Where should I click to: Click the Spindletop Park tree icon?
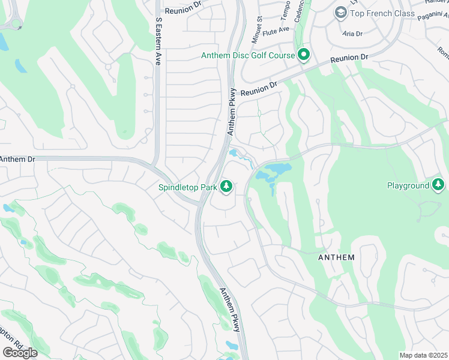coord(226,187)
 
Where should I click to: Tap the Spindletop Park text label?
coord(187,187)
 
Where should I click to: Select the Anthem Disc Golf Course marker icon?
coord(304,55)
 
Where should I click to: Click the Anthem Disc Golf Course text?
coord(248,55)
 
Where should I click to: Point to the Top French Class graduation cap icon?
coord(341,13)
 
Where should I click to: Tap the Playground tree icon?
coord(438,185)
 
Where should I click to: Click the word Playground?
coord(408,185)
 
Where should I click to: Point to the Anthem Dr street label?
coord(17,159)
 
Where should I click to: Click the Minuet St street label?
coord(260,27)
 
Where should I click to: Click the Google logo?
coord(20,352)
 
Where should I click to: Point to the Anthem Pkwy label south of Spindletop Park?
coord(230,309)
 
